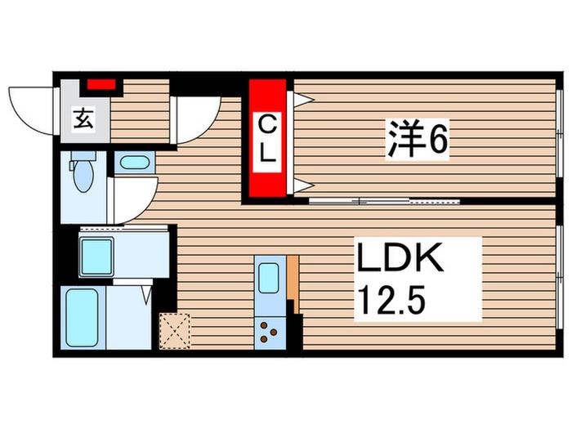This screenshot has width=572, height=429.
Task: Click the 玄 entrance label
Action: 83,118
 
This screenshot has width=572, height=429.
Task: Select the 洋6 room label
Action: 418,139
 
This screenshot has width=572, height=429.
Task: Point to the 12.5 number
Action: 391,300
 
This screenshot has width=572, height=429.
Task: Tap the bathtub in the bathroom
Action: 82,318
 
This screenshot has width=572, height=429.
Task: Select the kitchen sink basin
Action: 269,278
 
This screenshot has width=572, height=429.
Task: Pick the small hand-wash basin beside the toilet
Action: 134,163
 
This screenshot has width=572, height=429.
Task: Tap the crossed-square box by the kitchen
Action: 175,331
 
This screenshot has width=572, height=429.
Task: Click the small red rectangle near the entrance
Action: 101,85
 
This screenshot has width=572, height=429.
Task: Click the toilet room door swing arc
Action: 146,208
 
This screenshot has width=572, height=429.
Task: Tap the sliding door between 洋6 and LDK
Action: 384,201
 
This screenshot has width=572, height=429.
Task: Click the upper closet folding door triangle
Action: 303,99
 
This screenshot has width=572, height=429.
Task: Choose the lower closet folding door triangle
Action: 303,185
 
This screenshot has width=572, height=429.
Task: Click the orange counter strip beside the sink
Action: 293,284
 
